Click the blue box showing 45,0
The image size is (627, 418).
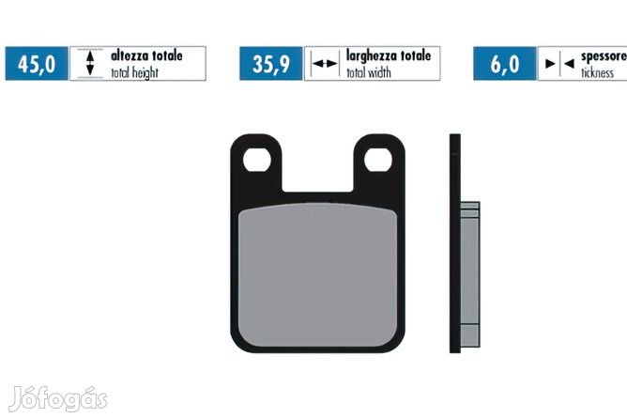[x=37, y=64]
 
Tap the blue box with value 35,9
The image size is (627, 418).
[x=271, y=64]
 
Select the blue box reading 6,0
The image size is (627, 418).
[x=505, y=64]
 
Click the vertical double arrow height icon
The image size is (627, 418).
[x=90, y=63]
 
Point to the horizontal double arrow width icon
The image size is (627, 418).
[x=325, y=64]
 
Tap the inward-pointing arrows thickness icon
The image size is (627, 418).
[x=559, y=63]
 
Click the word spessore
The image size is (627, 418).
[x=604, y=56]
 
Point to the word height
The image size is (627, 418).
[x=145, y=73]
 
